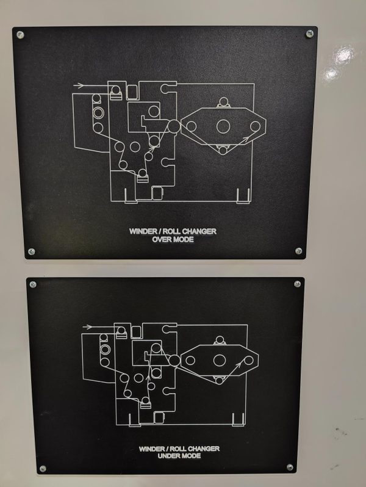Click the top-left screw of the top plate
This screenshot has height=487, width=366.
pyautogui.click(x=20, y=34)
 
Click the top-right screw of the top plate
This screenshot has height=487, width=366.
pyautogui.click(x=309, y=34)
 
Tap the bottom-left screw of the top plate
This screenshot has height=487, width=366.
pyautogui.click(x=31, y=251)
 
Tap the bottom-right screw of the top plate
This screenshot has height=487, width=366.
pyautogui.click(x=298, y=251)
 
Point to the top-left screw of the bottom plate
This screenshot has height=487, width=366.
pyautogui.click(x=33, y=284)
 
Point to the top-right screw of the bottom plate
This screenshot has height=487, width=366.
pyautogui.click(x=297, y=284)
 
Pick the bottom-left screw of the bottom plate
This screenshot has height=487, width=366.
pyautogui.click(x=43, y=468)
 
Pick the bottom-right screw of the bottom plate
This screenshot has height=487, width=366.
pyautogui.click(x=290, y=467)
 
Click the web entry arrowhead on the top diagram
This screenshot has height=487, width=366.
pyautogui.click(x=81, y=85)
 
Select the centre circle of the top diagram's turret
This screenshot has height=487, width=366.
pyautogui.click(x=223, y=126)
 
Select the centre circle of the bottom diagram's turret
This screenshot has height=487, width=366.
pyautogui.click(x=219, y=360)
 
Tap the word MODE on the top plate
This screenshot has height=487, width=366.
pyautogui.click(x=184, y=239)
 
